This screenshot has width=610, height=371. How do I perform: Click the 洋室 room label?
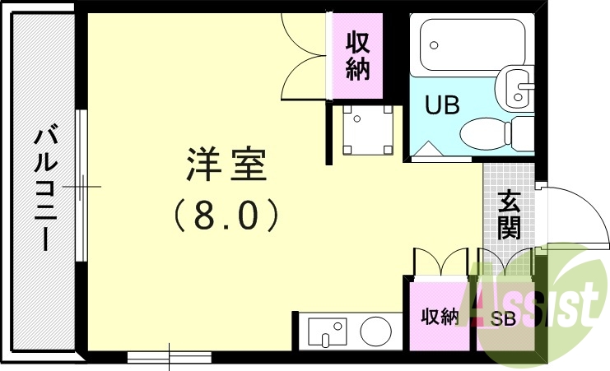click(x=226, y=165)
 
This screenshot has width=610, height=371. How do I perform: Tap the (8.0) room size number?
click(x=226, y=216)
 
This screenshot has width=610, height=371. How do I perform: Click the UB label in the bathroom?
click(x=441, y=105)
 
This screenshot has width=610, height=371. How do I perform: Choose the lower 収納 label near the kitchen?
click(x=439, y=317)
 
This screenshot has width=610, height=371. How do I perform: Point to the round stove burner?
click(x=375, y=332)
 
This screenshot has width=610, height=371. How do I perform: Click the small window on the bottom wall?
click(x=169, y=356)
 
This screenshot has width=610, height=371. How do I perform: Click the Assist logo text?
click(x=535, y=304)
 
